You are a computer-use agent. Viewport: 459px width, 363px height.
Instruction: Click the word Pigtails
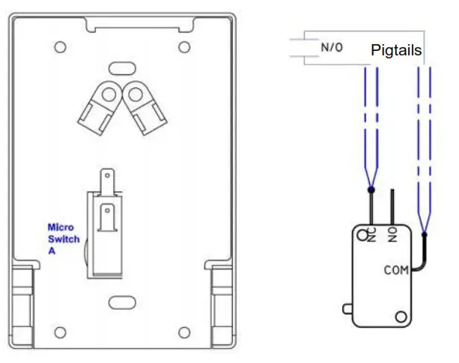pyautogui.click(x=397, y=51)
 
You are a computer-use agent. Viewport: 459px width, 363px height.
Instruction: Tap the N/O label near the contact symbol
pyautogui.click(x=331, y=47)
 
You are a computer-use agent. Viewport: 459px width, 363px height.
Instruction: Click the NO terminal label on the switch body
pyautogui.click(x=392, y=236)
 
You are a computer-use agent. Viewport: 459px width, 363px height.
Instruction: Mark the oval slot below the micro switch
pyautogui.click(x=120, y=302)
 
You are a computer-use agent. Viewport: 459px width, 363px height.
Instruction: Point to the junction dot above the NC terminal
pyautogui.click(x=372, y=190)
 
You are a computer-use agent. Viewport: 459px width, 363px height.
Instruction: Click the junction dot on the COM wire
pyautogui.click(x=424, y=234)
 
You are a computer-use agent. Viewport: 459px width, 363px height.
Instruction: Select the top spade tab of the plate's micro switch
pyautogui.click(x=109, y=180)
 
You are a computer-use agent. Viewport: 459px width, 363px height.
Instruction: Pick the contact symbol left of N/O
pyautogui.click(x=302, y=47)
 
